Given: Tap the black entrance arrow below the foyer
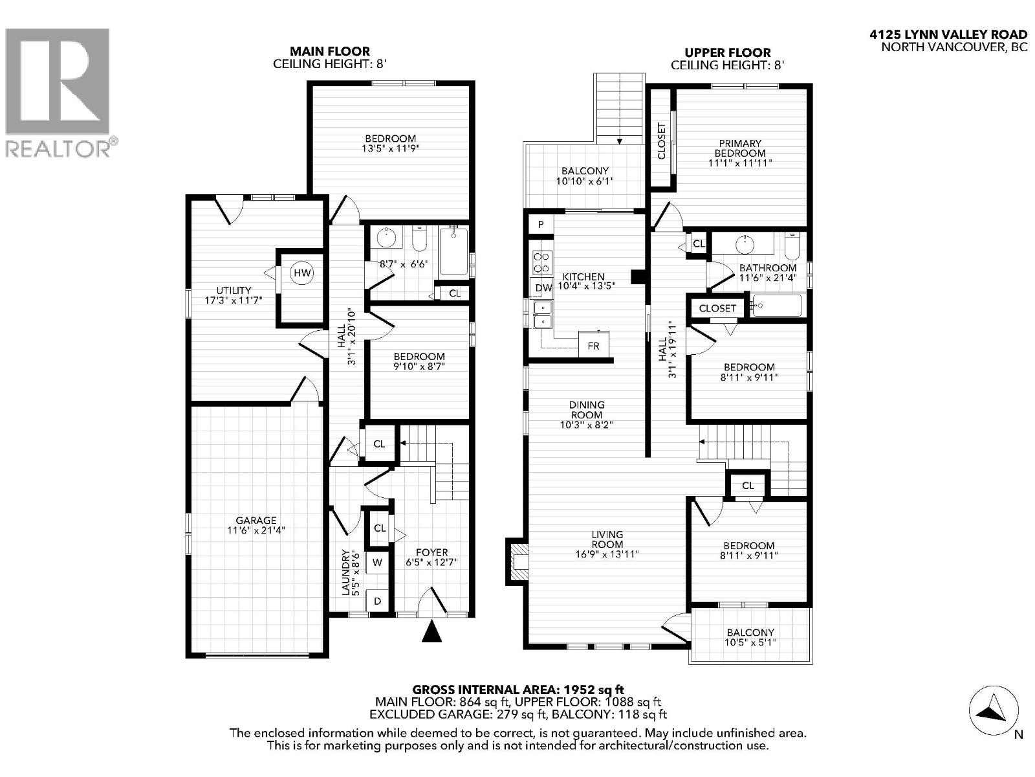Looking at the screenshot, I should pyautogui.click(x=431, y=631).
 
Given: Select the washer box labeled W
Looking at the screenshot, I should pyautogui.click(x=377, y=563).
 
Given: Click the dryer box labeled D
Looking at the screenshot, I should pyautogui.click(x=377, y=601).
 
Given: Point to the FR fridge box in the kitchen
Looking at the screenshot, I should pyautogui.click(x=593, y=346).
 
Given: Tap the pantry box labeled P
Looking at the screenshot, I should pyautogui.click(x=541, y=225).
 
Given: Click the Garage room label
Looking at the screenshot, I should pyautogui.click(x=256, y=524).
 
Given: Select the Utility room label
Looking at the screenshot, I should pyautogui.click(x=234, y=295).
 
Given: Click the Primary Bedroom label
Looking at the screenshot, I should pyautogui.click(x=740, y=153).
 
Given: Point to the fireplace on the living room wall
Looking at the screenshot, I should pyautogui.click(x=517, y=561).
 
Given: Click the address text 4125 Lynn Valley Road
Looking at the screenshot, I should pyautogui.click(x=948, y=35).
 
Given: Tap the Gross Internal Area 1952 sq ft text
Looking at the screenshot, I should pyautogui.click(x=518, y=690).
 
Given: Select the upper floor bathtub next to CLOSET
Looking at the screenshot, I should pyautogui.click(x=778, y=305).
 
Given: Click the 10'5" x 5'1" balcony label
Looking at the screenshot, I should pyautogui.click(x=750, y=637).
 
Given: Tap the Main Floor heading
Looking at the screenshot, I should pyautogui.click(x=330, y=51).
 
